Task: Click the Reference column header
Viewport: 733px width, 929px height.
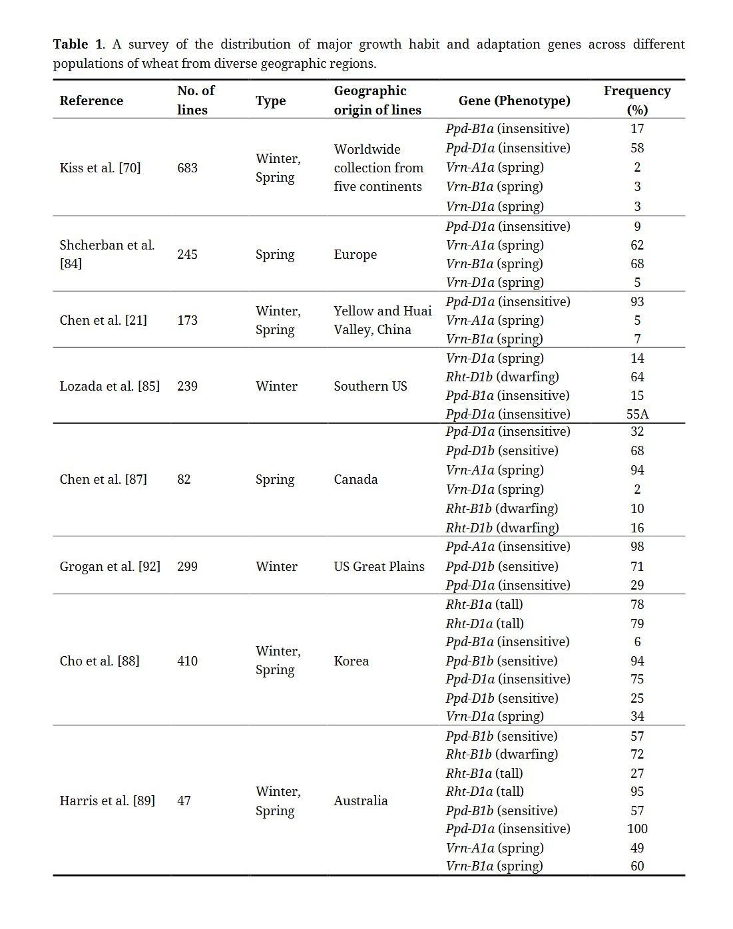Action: coord(91,100)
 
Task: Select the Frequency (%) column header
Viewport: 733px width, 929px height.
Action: coord(636,100)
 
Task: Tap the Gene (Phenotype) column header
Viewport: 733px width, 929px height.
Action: coord(514,100)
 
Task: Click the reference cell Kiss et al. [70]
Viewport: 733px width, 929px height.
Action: coord(100,168)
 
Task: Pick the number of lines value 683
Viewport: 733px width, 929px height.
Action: coord(187,168)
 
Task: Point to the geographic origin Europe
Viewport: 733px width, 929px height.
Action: coord(355,254)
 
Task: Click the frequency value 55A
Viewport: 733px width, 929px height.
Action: coord(637,414)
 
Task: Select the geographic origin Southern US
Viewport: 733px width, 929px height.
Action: coord(370,386)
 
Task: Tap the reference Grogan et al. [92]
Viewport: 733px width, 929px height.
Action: coord(110,566)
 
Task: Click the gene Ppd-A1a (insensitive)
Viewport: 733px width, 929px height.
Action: coord(507,546)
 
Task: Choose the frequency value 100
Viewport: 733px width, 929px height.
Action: coord(637,829)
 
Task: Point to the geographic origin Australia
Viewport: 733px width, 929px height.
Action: coord(360,801)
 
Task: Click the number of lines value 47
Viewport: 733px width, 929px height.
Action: coord(184,801)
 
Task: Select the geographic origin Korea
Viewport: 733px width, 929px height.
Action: coord(351,661)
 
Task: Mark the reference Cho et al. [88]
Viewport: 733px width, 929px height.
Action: coord(99,661)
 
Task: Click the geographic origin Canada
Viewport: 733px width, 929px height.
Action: coord(356,479)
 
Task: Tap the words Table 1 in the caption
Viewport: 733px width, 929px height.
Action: coord(78,45)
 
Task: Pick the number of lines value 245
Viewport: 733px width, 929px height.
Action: coord(187,254)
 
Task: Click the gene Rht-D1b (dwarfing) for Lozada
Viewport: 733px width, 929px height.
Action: coord(502,377)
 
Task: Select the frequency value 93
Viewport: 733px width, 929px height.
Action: coord(637,301)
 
